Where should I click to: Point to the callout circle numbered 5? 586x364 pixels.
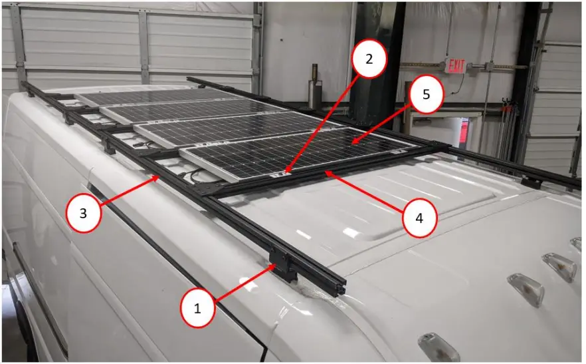pyautogui.click(x=424, y=96)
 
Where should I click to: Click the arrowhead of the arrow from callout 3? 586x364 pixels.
pyautogui.click(x=155, y=178)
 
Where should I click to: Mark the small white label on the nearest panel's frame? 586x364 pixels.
pyautogui.click(x=280, y=175)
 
